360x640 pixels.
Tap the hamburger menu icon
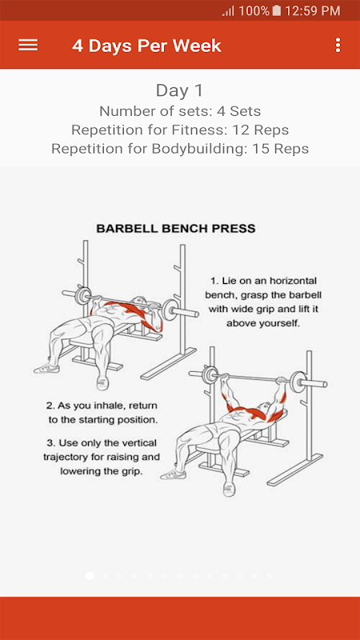point(28,45)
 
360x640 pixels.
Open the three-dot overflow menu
point(338,45)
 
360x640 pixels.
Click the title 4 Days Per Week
point(146,46)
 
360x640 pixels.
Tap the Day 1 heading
point(179,90)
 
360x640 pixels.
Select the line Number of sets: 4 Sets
point(180,111)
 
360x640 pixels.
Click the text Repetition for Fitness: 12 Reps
point(180,130)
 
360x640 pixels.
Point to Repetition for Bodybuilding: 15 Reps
point(180,149)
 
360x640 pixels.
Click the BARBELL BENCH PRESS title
point(176,228)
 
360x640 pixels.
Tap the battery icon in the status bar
point(277,10)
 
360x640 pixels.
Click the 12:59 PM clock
point(312,11)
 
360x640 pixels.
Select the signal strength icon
point(228,11)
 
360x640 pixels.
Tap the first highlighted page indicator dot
point(90,575)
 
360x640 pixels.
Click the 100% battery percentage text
point(254,11)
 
